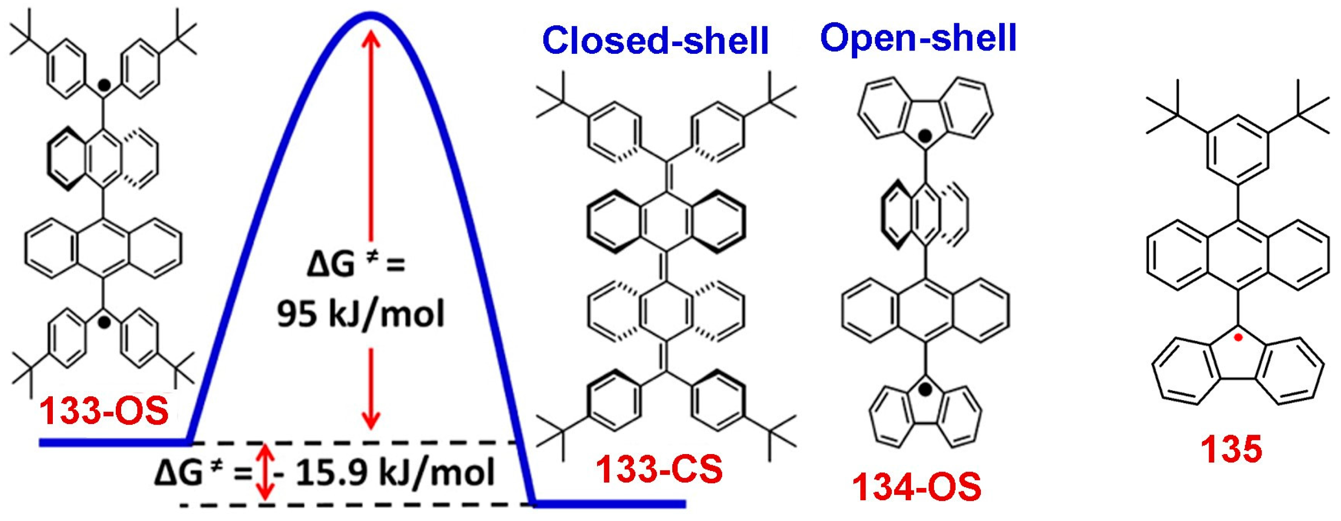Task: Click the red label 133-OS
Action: tap(104, 411)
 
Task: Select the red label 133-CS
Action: tap(659, 470)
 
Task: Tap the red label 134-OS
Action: tap(916, 487)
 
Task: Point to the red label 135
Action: tap(1231, 449)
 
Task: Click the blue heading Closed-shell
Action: tap(655, 40)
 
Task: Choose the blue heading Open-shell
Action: tap(918, 37)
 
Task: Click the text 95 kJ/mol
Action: tap(361, 314)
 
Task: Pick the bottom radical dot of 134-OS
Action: tap(925, 388)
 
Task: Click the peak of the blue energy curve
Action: tap(370, 15)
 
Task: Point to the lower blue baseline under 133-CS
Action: tap(609, 504)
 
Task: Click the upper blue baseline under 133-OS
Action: tap(114, 443)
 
